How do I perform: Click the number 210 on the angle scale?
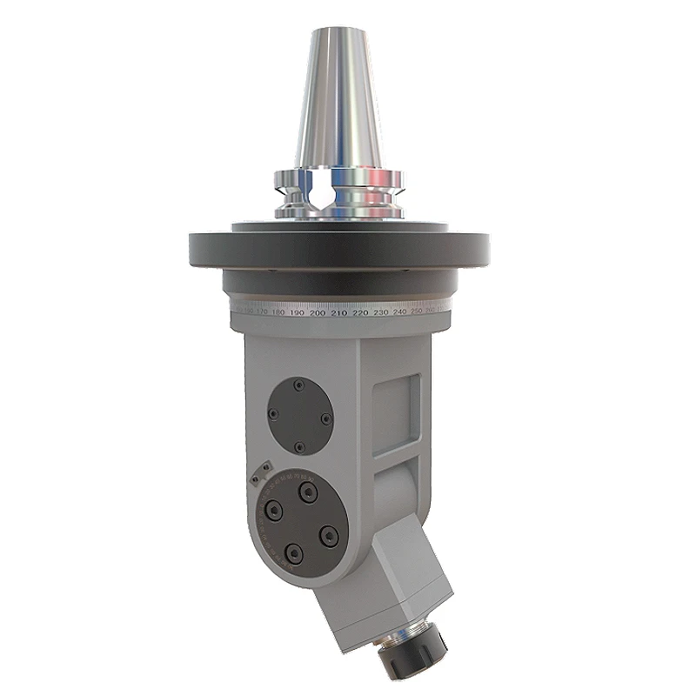click(338, 312)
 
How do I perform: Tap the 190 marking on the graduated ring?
click(298, 311)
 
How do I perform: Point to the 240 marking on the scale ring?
click(399, 311)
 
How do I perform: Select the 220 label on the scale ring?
click(359, 312)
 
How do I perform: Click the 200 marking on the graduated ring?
click(318, 312)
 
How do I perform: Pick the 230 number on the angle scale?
click(379, 312)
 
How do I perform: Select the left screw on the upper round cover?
click(271, 416)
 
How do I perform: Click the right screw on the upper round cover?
click(326, 418)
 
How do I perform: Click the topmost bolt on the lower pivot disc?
click(305, 492)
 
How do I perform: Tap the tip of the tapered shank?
click(338, 30)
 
